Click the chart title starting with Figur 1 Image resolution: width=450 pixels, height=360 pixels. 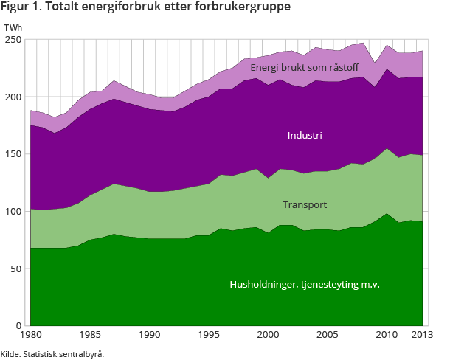[x=146, y=8]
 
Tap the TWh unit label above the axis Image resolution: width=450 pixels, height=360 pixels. [x=13, y=29]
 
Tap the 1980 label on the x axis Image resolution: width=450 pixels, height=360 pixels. [x=30, y=336]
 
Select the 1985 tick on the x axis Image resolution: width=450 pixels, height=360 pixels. [x=91, y=336]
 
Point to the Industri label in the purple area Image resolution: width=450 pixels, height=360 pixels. [x=305, y=136]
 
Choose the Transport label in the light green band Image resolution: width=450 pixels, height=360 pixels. [x=305, y=204]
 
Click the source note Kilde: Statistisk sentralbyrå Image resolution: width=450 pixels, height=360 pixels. [x=52, y=353]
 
